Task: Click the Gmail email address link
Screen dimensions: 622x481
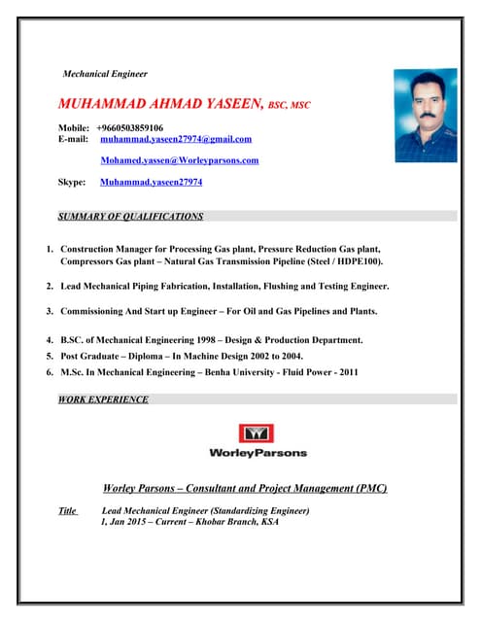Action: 176,139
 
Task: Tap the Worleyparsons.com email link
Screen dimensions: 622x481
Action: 180,159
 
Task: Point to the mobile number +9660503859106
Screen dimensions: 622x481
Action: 130,127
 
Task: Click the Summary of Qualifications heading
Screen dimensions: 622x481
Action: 130,216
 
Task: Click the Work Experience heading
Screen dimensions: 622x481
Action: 103,398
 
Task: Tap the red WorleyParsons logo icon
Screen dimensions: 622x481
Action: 258,432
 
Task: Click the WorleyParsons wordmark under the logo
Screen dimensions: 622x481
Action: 258,453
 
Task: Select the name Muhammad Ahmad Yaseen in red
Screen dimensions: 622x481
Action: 160,103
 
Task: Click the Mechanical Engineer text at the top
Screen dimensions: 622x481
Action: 104,73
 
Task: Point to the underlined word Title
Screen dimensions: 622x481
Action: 68,510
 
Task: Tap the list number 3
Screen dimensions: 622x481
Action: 49,311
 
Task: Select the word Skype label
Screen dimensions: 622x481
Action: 71,181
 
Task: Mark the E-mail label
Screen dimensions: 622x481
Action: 74,139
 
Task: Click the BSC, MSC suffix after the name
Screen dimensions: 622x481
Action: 289,104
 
